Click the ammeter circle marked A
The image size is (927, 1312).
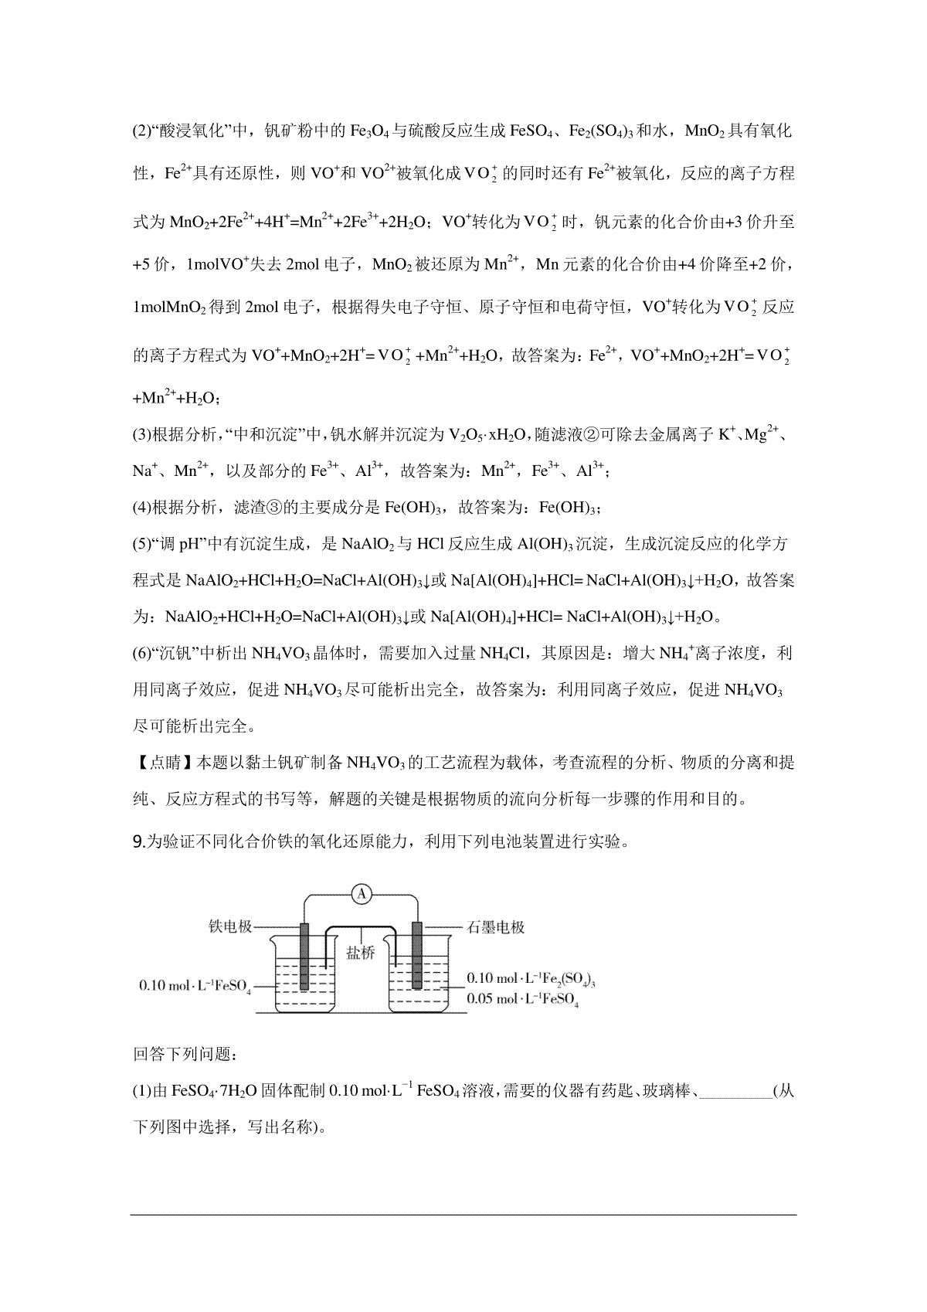[x=362, y=894]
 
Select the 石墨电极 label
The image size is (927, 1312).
[x=496, y=926]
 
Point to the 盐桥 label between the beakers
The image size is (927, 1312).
[x=360, y=953]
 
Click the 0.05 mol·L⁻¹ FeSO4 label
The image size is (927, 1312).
[x=523, y=999]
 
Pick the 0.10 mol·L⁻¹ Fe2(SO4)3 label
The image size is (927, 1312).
[x=531, y=979]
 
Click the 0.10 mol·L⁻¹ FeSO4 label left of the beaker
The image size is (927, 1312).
[x=195, y=987]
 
